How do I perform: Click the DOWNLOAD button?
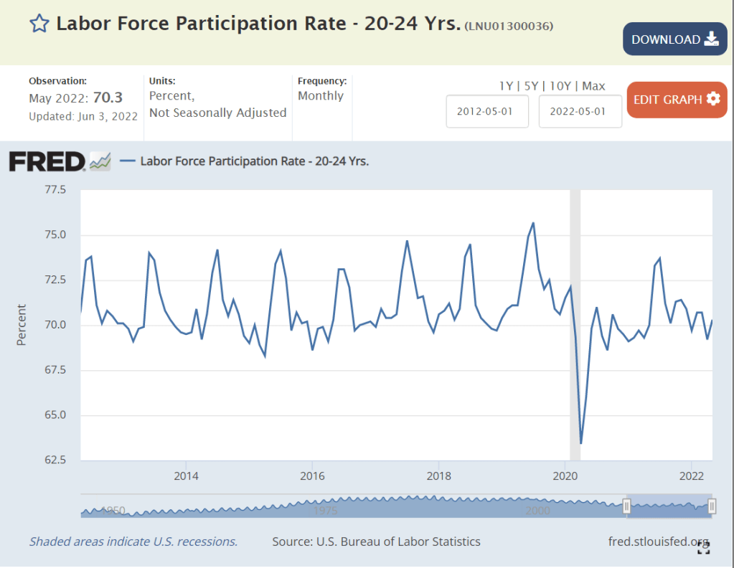click(674, 39)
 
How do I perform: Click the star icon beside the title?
click(38, 24)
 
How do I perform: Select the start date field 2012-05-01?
click(487, 112)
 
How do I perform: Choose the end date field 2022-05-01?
click(580, 112)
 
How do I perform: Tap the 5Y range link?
click(531, 86)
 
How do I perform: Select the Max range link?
click(593, 86)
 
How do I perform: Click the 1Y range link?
click(506, 86)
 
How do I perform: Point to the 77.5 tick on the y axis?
click(55, 190)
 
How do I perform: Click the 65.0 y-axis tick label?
click(55, 415)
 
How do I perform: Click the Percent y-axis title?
click(22, 325)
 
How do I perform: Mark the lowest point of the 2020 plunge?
click(580, 444)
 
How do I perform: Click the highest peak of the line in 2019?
click(533, 223)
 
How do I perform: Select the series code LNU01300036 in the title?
click(509, 27)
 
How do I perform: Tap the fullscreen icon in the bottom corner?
click(703, 549)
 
